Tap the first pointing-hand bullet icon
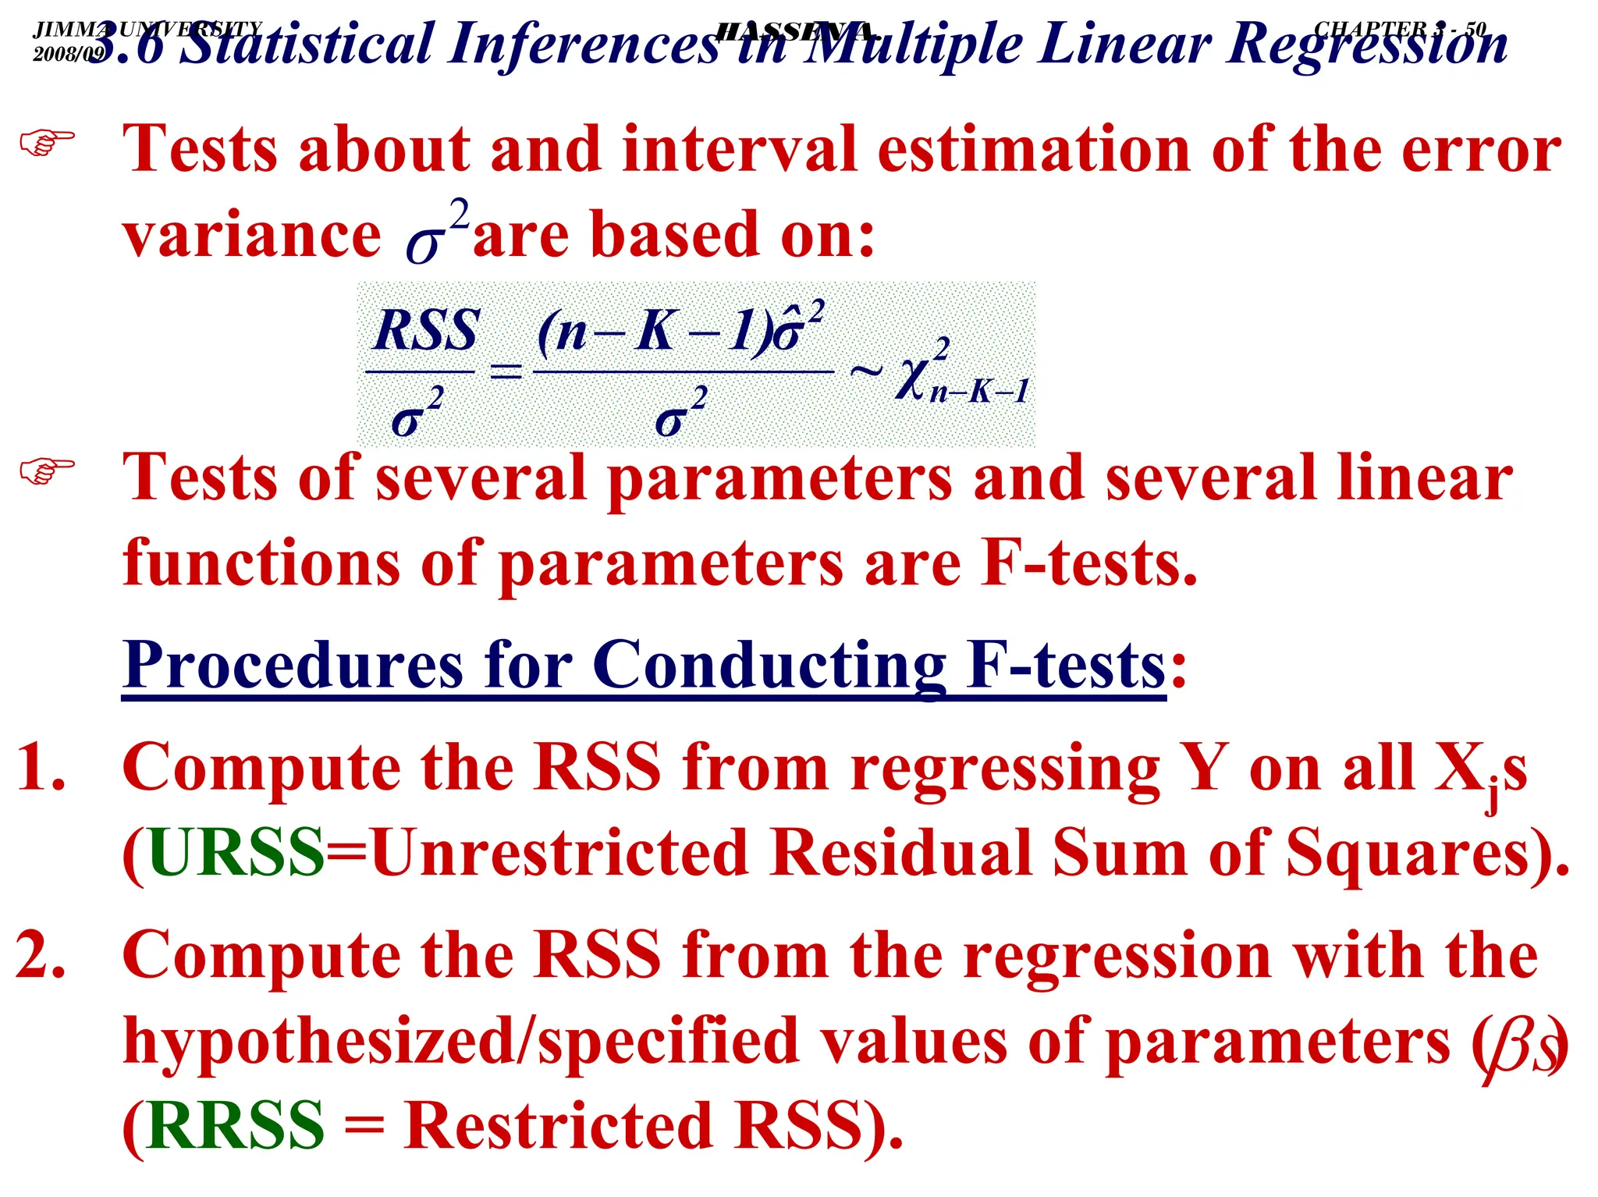(x=47, y=143)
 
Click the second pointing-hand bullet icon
(x=47, y=471)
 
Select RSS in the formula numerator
(x=426, y=331)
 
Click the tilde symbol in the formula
(x=866, y=371)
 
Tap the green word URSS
(x=236, y=853)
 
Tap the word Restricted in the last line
(x=559, y=1126)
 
